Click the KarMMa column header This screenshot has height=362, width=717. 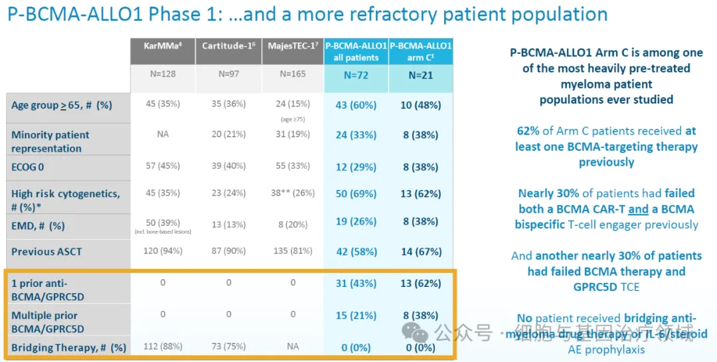[163, 45]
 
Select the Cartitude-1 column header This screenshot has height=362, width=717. [228, 45]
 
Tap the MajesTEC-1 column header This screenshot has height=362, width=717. [293, 45]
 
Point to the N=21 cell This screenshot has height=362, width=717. [420, 75]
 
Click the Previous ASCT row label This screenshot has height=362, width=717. [46, 252]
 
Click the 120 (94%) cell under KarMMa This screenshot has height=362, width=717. [163, 252]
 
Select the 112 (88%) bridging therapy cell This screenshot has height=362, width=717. [163, 347]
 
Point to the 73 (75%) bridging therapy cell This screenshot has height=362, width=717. [228, 347]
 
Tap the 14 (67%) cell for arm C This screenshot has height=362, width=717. [420, 252]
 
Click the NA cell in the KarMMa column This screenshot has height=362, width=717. [163, 134]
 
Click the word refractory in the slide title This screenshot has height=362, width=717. [345, 15]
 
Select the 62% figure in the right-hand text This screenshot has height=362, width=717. [528, 131]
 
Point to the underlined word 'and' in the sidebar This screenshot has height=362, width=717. [638, 209]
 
